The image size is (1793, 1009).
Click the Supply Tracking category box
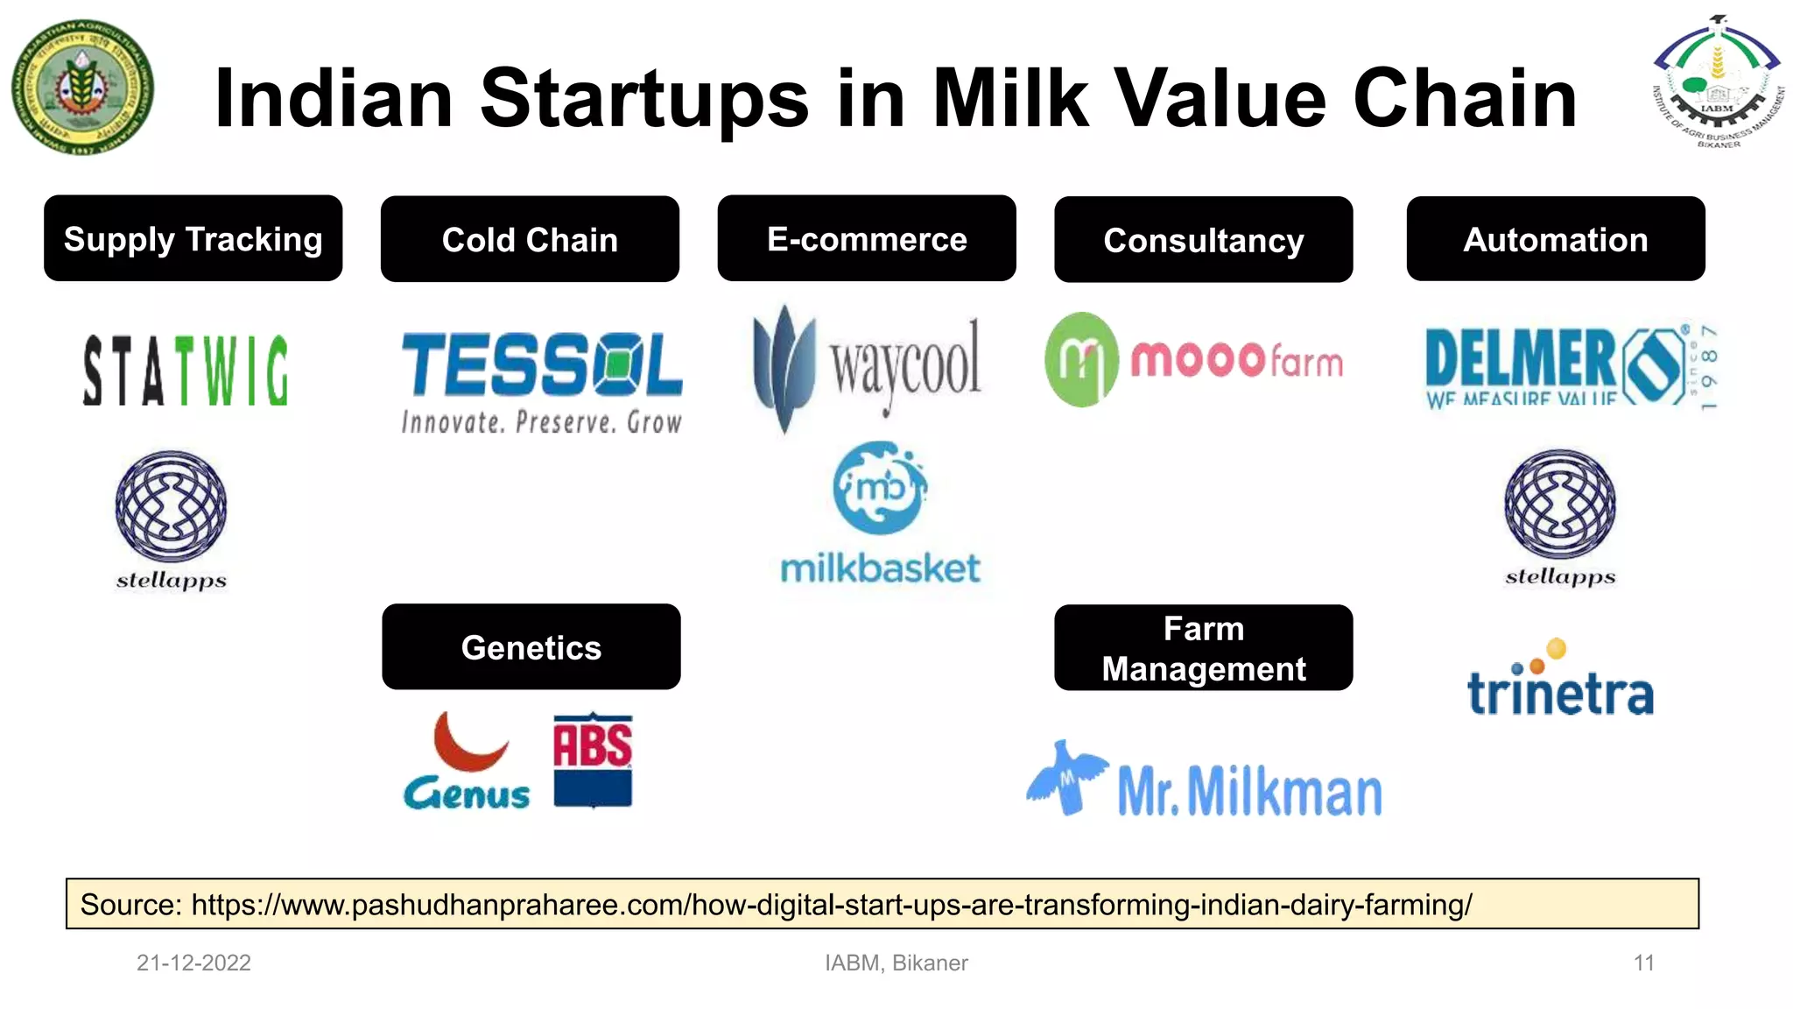coord(193,238)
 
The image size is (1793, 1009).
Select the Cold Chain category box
coord(530,239)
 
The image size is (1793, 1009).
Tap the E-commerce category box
coord(867,238)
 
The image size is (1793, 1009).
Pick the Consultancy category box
coord(1203,239)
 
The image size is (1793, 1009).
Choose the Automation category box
coord(1555,238)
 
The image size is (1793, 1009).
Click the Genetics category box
coord(531,646)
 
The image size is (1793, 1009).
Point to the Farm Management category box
coord(1203,648)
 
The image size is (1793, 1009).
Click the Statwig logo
coord(186,370)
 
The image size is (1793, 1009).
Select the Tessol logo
coord(541,382)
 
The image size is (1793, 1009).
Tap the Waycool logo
coord(867,368)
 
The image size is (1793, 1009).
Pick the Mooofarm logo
coord(1193,359)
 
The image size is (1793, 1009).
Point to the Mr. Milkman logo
coord(1205,781)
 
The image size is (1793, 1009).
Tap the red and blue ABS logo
coord(593,759)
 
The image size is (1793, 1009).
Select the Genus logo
coord(467,762)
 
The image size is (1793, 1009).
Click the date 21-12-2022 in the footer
coord(193,963)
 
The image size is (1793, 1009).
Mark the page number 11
coord(1643,963)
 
